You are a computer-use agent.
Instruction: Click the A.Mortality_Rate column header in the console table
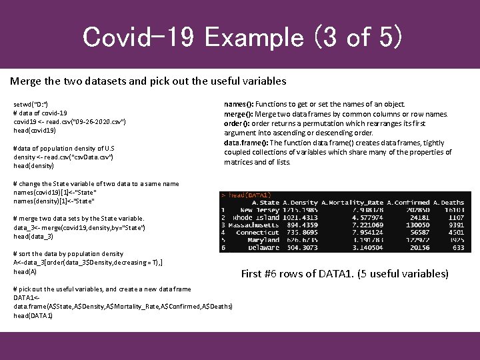point(352,202)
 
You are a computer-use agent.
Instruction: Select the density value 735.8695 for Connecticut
point(299,232)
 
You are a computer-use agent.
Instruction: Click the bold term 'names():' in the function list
point(238,105)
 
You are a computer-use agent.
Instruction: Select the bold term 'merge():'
point(238,114)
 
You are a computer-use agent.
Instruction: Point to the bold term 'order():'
point(237,123)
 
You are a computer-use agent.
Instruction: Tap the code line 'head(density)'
point(33,165)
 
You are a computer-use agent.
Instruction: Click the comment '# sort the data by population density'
point(69,253)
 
